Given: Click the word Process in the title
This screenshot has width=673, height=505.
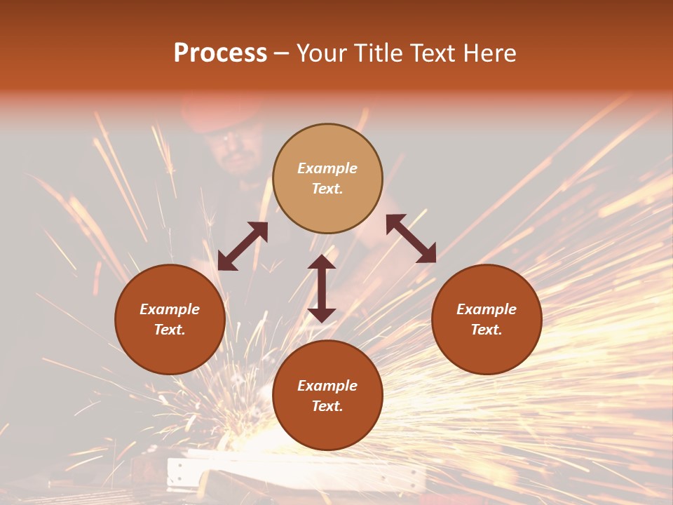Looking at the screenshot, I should pos(220,53).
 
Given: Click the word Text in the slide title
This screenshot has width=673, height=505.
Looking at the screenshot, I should pos(433,53).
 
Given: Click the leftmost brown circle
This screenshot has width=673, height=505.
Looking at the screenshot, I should pos(170,319).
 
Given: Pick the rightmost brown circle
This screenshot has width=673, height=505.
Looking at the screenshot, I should pos(487,319).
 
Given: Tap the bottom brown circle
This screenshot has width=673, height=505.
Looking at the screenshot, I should pos(327,396).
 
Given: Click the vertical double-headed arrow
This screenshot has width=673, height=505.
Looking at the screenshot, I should pos(322,288).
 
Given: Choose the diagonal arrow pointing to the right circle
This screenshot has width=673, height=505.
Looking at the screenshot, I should pos(412,238).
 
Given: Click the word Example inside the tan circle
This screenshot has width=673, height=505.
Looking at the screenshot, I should pos(327,168).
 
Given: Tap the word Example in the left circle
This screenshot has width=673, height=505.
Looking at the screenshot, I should pos(170,309).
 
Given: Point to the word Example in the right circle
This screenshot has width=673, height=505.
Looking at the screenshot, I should pos(487,309).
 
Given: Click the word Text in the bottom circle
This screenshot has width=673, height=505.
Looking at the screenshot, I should pos(327,406).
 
